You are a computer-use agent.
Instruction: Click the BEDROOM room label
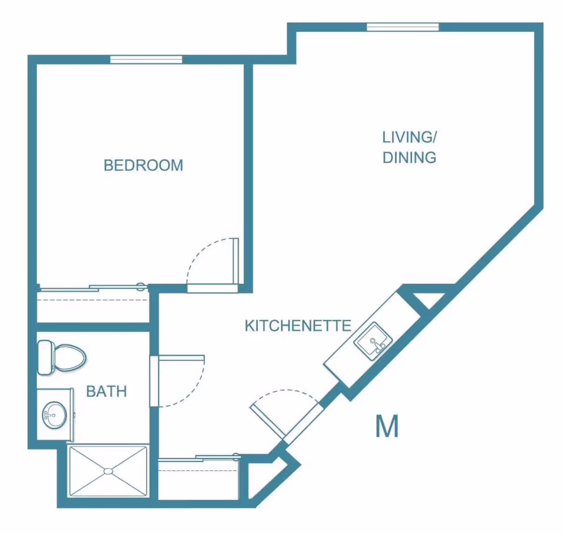(x=143, y=165)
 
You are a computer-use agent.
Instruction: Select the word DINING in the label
(x=409, y=158)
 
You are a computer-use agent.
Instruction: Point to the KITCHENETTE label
(x=298, y=325)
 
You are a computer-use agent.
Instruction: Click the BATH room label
(x=107, y=391)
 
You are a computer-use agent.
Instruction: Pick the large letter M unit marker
(x=387, y=426)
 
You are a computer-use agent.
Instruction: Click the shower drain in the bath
(x=108, y=470)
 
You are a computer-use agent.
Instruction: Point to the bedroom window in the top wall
(x=146, y=59)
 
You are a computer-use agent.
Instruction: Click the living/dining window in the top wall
(x=403, y=27)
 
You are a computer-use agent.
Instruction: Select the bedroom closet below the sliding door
(x=93, y=307)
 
